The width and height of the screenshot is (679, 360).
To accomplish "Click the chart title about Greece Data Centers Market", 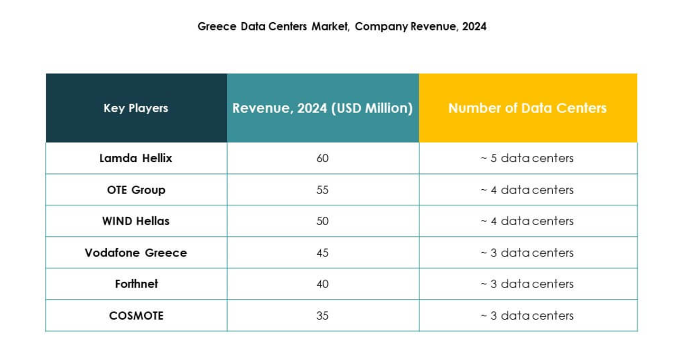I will click(x=342, y=26).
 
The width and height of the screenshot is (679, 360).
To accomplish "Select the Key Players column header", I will click(x=136, y=108).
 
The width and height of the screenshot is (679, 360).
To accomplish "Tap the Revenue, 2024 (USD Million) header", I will click(x=322, y=108).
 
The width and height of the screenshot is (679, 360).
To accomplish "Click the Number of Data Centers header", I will click(x=527, y=108).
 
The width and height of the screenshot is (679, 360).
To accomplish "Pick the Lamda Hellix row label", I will click(x=136, y=158).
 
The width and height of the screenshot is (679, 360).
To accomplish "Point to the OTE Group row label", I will click(x=136, y=190).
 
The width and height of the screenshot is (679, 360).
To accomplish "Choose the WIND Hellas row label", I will click(x=136, y=221).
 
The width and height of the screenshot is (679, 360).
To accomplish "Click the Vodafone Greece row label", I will click(x=136, y=253).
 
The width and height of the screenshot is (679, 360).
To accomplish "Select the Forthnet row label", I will click(x=136, y=284).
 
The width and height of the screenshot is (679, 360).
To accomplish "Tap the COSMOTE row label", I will click(x=136, y=316).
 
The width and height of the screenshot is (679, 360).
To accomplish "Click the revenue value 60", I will click(x=322, y=158).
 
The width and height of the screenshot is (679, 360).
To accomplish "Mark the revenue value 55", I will click(x=322, y=190).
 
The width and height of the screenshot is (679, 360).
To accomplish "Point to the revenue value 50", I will click(x=322, y=221).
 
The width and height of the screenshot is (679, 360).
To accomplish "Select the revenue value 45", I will click(x=322, y=253).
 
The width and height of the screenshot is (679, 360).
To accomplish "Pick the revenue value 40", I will click(x=322, y=284).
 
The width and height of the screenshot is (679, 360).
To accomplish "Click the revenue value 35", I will click(x=322, y=316).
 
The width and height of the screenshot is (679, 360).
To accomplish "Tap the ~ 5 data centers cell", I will click(x=527, y=158).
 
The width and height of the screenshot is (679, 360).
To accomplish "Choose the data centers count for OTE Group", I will click(x=527, y=190).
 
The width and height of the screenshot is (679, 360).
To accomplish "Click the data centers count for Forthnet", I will click(x=527, y=284).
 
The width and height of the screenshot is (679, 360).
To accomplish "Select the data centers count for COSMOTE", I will click(x=527, y=316).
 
